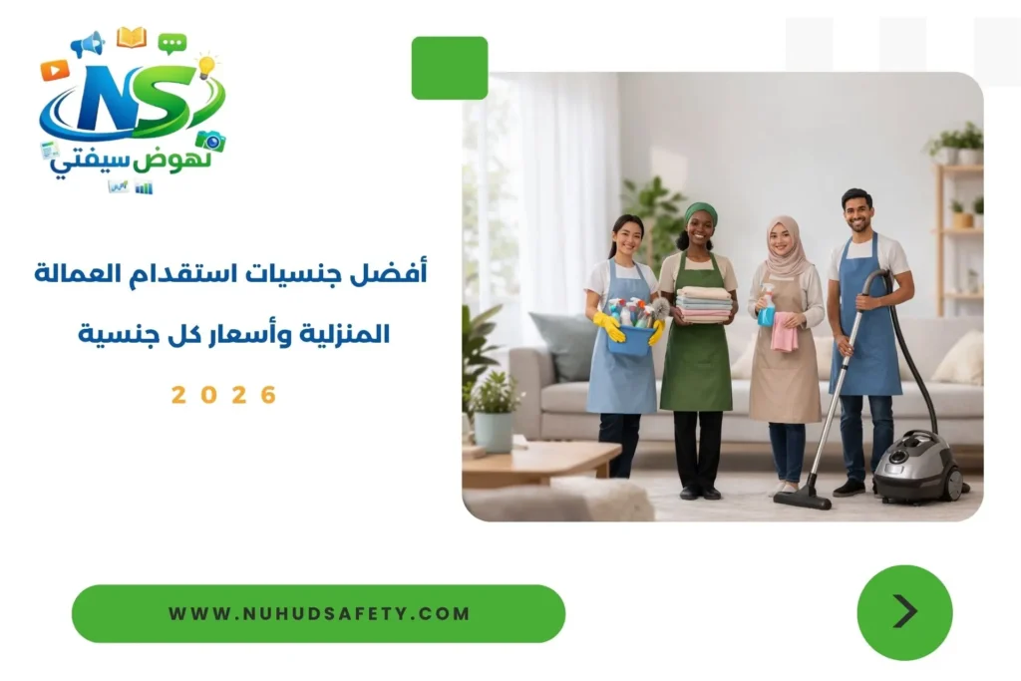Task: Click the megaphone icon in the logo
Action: (88, 44)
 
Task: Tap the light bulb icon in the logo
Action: (206, 66)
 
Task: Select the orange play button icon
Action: (54, 70)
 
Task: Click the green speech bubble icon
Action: (171, 43)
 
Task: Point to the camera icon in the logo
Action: (210, 141)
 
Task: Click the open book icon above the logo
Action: (131, 38)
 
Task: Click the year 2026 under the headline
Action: (224, 394)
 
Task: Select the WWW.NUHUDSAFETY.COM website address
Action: (318, 613)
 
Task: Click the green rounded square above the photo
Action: (450, 68)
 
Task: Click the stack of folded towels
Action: (704, 304)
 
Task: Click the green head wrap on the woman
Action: (700, 212)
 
